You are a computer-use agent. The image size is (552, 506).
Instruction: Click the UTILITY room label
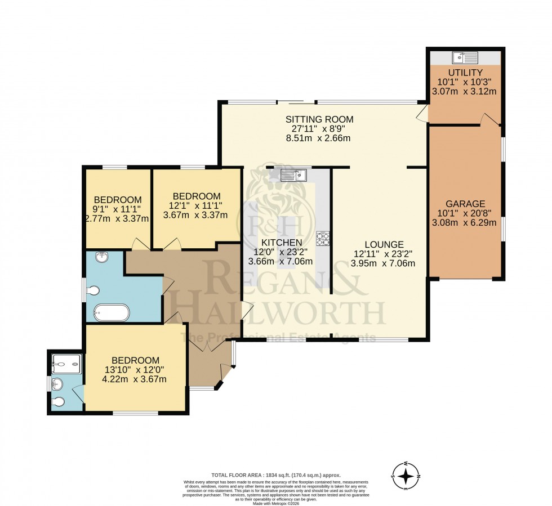tap(465, 73)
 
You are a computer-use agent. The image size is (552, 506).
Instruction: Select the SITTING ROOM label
tap(319, 119)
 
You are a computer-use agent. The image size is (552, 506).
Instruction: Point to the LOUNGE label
tap(384, 244)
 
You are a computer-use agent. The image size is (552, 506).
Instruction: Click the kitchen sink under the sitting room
tap(293, 175)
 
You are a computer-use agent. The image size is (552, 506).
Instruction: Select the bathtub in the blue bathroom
tap(112, 312)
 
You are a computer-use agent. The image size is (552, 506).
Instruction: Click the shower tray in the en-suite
tap(66, 364)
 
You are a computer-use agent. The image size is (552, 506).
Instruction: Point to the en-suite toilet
tap(59, 402)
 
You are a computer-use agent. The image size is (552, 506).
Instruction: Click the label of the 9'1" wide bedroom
tap(117, 200)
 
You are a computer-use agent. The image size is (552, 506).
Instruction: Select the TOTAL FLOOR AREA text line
tap(276, 475)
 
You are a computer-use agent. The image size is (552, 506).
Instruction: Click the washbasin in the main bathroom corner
tap(101, 258)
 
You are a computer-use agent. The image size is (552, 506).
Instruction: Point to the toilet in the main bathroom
tap(94, 291)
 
